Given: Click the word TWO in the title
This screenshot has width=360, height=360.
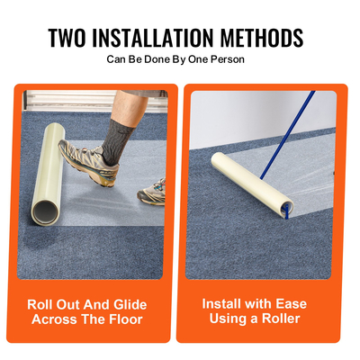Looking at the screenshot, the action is click(x=67, y=38).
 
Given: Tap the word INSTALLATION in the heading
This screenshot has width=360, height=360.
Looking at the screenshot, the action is click(x=153, y=38).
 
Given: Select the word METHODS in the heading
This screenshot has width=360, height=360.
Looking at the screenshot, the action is click(x=262, y=38).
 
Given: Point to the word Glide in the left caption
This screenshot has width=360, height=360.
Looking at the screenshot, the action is click(x=130, y=304).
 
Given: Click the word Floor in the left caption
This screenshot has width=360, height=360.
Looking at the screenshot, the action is click(x=125, y=319).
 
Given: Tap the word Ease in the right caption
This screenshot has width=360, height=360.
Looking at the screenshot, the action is click(x=291, y=303).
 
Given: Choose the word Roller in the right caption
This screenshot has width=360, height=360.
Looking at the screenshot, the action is click(x=281, y=318).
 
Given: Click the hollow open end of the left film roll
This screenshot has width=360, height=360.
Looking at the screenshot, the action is click(x=45, y=211).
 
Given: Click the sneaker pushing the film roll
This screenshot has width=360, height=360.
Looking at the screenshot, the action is click(x=87, y=162).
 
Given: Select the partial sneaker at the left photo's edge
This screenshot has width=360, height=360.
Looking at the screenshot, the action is click(x=152, y=192).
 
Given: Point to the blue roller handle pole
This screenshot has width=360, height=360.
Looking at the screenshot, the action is click(x=287, y=135).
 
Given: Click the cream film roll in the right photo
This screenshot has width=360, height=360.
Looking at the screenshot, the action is click(x=251, y=184).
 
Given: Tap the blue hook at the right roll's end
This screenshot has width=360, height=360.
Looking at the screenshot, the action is click(x=286, y=211).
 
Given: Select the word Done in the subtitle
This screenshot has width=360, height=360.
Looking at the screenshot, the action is click(x=157, y=59).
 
